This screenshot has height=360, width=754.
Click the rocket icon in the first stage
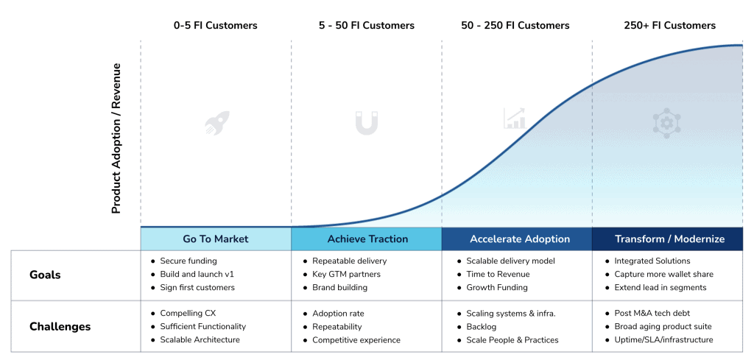(x=216, y=123)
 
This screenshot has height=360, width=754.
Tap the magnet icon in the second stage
(x=366, y=123)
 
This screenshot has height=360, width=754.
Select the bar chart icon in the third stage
(x=514, y=119)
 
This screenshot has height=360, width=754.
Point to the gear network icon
(x=666, y=123)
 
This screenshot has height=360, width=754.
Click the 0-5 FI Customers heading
(x=215, y=26)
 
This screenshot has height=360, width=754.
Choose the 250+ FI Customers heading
(x=669, y=26)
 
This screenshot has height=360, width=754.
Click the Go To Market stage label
(x=216, y=239)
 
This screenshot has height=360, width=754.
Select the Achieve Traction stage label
(x=367, y=239)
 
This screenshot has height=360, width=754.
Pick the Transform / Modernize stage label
(x=669, y=239)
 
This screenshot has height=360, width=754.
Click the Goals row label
(x=45, y=275)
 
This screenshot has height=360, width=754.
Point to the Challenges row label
(x=60, y=326)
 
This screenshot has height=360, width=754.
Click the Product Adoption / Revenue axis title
(x=116, y=138)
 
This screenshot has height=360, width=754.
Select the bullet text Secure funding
(x=188, y=261)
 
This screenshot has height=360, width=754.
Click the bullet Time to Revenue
(x=497, y=274)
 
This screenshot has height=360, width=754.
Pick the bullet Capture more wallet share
(x=663, y=274)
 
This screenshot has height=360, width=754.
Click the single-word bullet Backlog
(x=482, y=326)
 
